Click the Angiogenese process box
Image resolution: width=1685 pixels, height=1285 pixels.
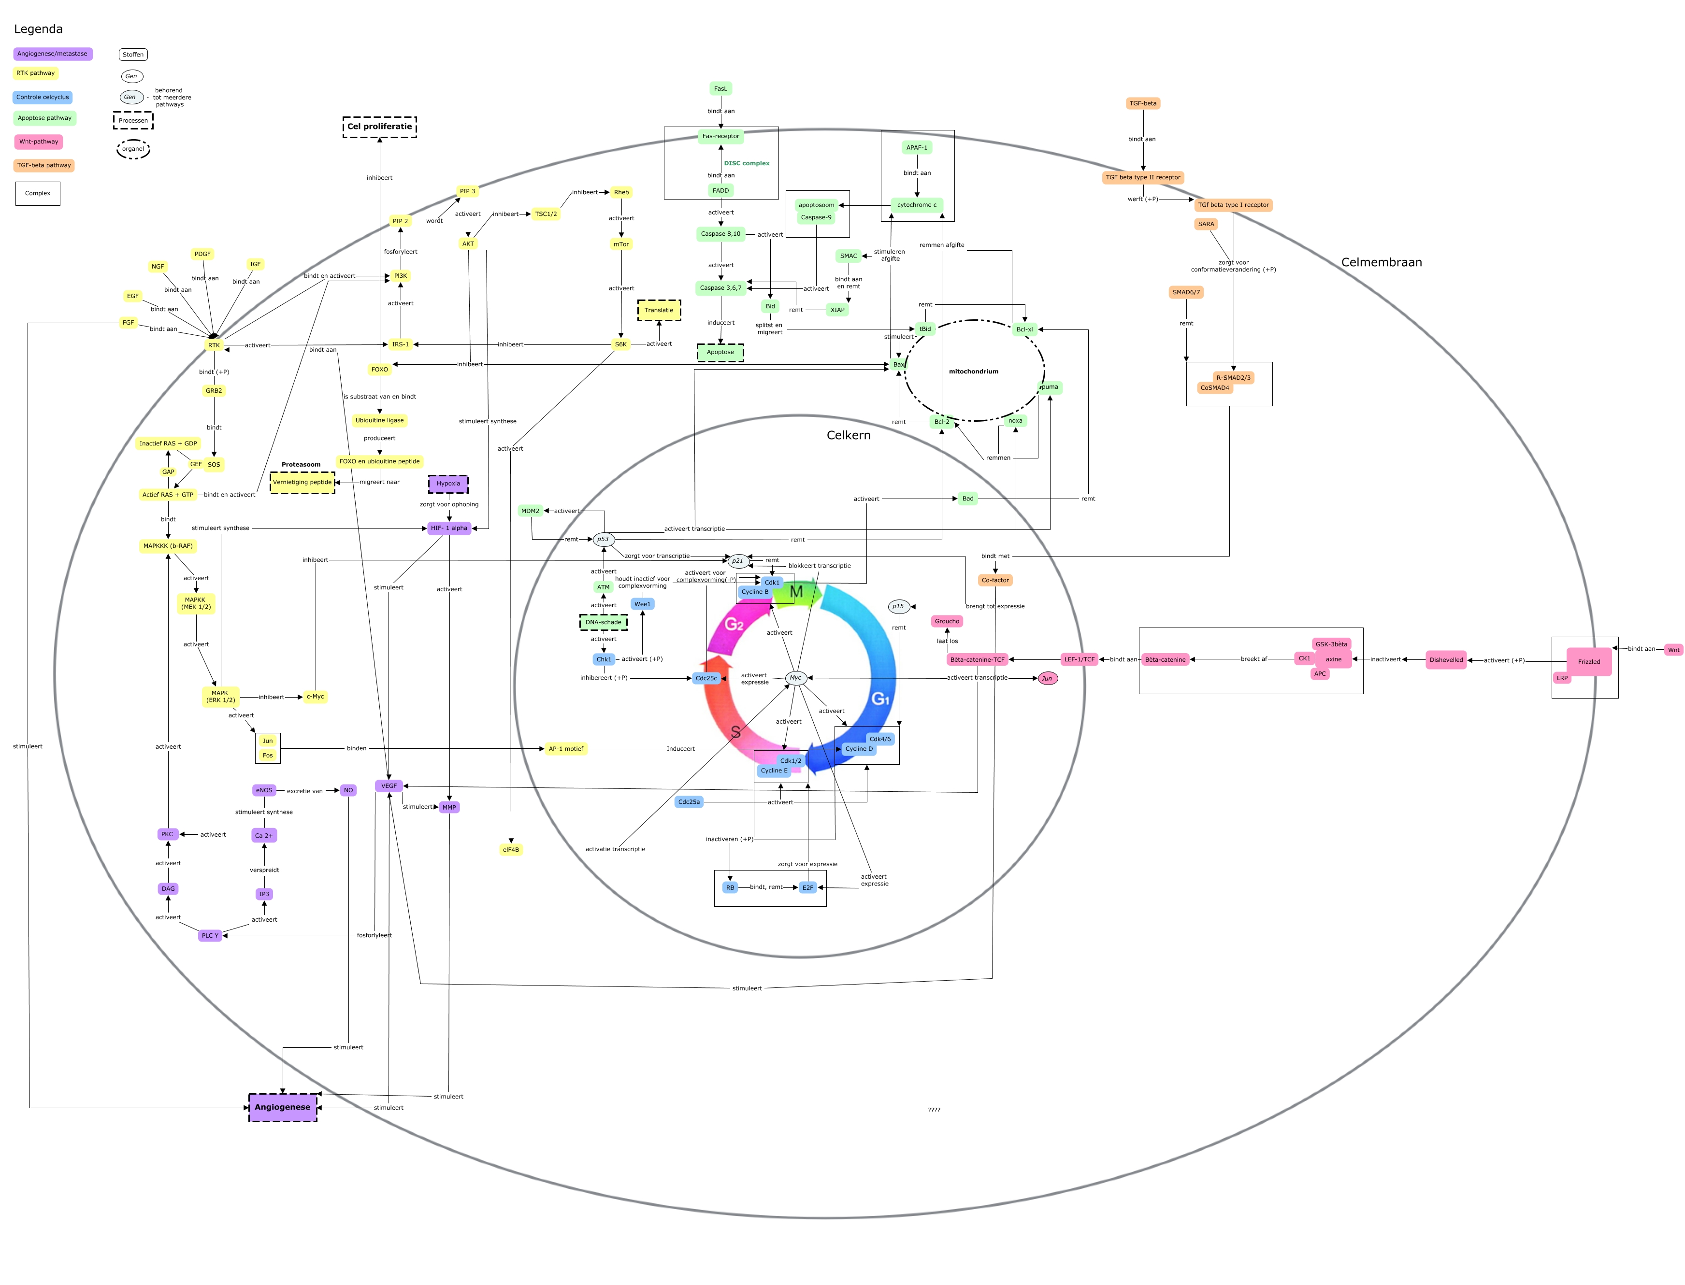pyautogui.click(x=282, y=1107)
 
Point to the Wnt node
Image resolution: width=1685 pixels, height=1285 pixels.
pyautogui.click(x=1673, y=649)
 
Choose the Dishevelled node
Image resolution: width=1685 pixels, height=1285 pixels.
pyautogui.click(x=1445, y=659)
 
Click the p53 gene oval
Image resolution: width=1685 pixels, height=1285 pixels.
pyautogui.click(x=603, y=539)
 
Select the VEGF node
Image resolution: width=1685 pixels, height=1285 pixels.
pyautogui.click(x=389, y=785)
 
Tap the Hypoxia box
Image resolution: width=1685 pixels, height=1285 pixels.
pyautogui.click(x=448, y=484)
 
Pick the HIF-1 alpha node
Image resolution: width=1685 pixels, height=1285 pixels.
pyautogui.click(x=448, y=528)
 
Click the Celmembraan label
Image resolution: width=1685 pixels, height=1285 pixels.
pyautogui.click(x=1381, y=262)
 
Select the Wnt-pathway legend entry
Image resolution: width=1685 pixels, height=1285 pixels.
pyautogui.click(x=38, y=142)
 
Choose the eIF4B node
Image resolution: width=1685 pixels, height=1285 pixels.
pyautogui.click(x=510, y=849)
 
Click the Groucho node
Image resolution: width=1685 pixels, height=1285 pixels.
pyautogui.click(x=947, y=621)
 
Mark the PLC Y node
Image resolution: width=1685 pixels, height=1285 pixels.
pyautogui.click(x=210, y=935)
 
